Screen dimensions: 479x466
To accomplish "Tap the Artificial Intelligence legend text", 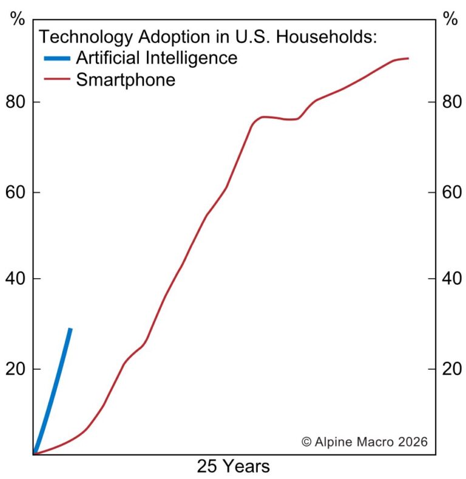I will (x=156, y=58).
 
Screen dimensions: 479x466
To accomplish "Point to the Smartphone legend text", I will (x=125, y=79).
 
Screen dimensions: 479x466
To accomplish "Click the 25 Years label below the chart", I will (x=233, y=466).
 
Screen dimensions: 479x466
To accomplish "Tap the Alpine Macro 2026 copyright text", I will (x=364, y=441).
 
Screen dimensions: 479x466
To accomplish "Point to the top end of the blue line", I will (x=71, y=329).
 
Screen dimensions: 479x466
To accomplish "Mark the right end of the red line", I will (x=408, y=58).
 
